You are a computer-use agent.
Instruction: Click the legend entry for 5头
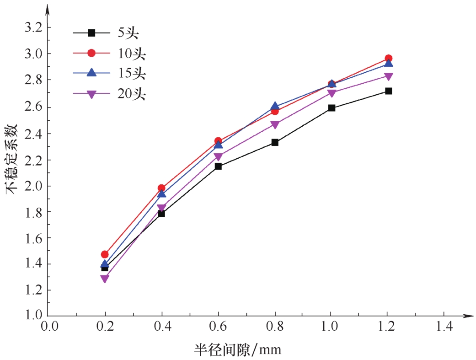click(132, 33)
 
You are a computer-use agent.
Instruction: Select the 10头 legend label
click(136, 53)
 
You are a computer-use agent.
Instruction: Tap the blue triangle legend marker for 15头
click(91, 73)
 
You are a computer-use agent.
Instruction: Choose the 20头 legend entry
click(136, 94)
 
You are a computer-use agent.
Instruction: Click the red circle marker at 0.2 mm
click(105, 254)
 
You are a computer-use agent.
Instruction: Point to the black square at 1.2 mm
click(388, 91)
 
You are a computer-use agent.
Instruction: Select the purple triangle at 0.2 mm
click(105, 279)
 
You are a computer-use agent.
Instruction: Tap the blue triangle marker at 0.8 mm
click(275, 106)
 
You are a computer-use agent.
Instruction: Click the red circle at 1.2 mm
click(388, 59)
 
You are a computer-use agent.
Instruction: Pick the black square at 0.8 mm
click(275, 142)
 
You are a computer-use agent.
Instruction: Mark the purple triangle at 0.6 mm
click(218, 157)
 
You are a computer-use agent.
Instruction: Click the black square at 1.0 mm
click(332, 108)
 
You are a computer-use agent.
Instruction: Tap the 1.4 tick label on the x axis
click(444, 326)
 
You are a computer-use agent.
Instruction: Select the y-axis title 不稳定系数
click(12, 157)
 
